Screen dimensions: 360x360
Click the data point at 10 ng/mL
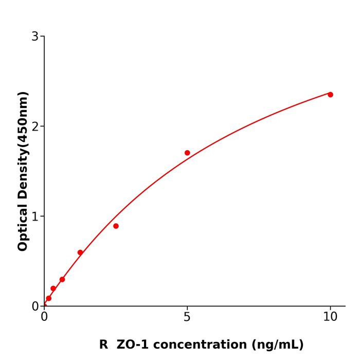(330, 95)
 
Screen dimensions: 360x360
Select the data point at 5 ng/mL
(187, 153)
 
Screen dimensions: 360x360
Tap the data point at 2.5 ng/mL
(116, 226)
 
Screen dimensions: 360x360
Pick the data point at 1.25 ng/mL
(80, 253)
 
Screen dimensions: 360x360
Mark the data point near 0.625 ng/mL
(62, 279)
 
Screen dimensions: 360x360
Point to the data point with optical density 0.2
(53, 289)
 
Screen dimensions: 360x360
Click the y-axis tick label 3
(35, 37)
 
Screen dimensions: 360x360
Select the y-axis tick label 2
(35, 127)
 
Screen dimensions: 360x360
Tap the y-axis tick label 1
(35, 217)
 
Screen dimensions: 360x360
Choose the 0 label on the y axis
(35, 307)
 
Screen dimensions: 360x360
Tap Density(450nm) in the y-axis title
(23, 145)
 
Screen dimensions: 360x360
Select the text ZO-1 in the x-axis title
(133, 345)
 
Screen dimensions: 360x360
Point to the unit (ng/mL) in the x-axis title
(278, 345)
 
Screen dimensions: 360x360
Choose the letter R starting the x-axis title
(103, 345)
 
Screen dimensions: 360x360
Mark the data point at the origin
(44, 305)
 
